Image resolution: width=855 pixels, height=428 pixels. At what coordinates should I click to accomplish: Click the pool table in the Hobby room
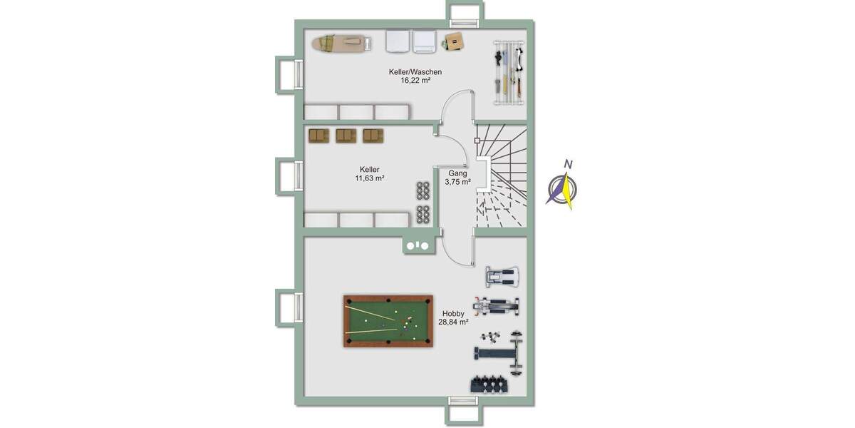[388, 321]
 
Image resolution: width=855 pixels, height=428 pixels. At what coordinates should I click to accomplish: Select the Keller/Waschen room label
[415, 72]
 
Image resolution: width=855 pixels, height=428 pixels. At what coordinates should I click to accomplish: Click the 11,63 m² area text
[370, 178]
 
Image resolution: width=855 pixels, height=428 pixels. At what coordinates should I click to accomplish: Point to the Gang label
[457, 173]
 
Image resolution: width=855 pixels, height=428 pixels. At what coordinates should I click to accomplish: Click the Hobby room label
[453, 313]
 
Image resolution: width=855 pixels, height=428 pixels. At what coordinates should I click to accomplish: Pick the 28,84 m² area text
[453, 322]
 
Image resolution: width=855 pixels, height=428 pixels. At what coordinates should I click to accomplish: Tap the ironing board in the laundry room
[341, 44]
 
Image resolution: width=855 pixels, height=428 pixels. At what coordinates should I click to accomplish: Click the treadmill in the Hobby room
[502, 276]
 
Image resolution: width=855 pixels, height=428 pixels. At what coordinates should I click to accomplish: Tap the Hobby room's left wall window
[286, 307]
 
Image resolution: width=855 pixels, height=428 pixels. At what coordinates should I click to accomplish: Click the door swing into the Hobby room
[456, 249]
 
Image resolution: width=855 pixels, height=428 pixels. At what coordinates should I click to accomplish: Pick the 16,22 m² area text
[415, 81]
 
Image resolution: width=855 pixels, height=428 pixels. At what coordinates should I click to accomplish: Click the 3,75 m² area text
[457, 183]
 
